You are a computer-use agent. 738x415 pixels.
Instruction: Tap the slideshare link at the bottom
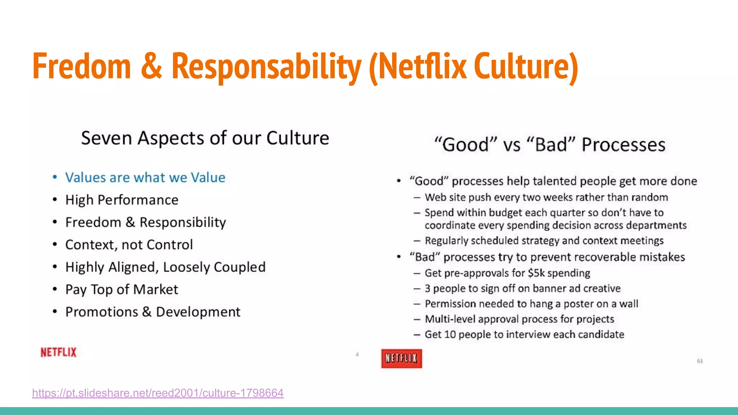(158, 393)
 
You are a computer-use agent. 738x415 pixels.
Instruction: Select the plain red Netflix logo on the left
(58, 352)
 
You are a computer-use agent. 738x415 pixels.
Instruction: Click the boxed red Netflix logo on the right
(401, 358)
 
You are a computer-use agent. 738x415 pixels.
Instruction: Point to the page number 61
(700, 361)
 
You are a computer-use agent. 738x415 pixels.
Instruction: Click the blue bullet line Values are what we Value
(145, 178)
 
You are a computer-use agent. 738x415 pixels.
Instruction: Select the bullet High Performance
(122, 200)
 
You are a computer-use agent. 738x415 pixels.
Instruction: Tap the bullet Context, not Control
(129, 245)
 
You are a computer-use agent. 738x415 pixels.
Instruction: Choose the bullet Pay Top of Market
(122, 290)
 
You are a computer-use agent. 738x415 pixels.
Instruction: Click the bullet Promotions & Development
(153, 312)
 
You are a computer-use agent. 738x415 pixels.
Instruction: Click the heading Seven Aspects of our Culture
(205, 138)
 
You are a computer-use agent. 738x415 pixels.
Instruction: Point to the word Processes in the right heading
(623, 145)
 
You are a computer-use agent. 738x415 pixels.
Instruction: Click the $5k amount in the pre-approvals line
(536, 273)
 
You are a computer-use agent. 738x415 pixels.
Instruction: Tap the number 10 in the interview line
(450, 335)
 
